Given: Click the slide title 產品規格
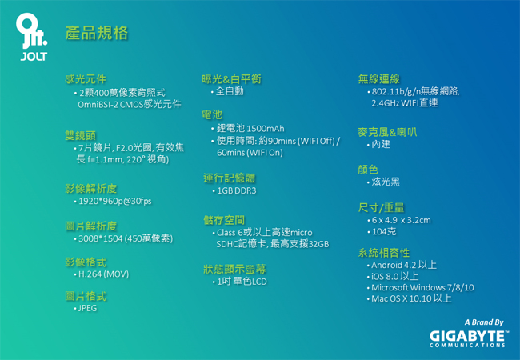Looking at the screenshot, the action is pyautogui.click(x=97, y=33).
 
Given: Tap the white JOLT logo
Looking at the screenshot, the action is pyautogui.click(x=32, y=37).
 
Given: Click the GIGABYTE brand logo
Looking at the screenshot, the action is pyautogui.click(x=467, y=338).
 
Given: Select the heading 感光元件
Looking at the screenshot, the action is pyautogui.click(x=86, y=79).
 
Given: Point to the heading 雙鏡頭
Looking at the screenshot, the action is pyautogui.click(x=80, y=135).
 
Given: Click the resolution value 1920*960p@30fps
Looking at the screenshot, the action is pyautogui.click(x=114, y=201).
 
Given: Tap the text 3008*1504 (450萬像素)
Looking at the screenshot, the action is pyautogui.click(x=126, y=238).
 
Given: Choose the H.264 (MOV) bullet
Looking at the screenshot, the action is pyautogui.click(x=103, y=274).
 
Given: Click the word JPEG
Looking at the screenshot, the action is pyautogui.click(x=87, y=308).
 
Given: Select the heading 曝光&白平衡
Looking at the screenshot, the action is pyautogui.click(x=231, y=79).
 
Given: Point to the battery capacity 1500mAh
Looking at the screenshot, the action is pyautogui.click(x=266, y=128).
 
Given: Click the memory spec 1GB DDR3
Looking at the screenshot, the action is pyautogui.click(x=237, y=190).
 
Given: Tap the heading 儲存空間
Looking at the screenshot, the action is pyautogui.click(x=224, y=220).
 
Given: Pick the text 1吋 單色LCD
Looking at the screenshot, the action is pyautogui.click(x=242, y=282).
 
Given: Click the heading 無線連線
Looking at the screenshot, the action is pyautogui.click(x=378, y=79).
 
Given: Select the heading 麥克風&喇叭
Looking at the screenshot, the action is pyautogui.click(x=387, y=132).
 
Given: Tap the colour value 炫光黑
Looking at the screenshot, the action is pyautogui.click(x=386, y=182).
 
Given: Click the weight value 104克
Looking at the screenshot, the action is pyautogui.click(x=384, y=231).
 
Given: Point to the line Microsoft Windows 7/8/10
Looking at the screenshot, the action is pyautogui.click(x=422, y=287).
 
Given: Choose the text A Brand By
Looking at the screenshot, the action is pyautogui.click(x=484, y=322).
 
